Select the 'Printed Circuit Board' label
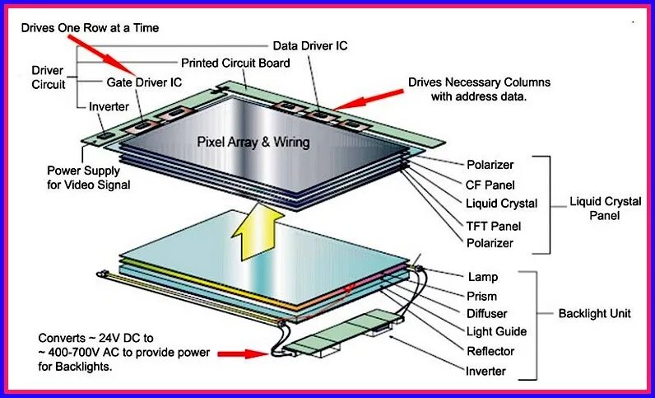(235, 63)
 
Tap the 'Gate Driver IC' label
(144, 82)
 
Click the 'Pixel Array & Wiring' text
(253, 142)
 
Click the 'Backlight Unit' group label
(594, 314)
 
